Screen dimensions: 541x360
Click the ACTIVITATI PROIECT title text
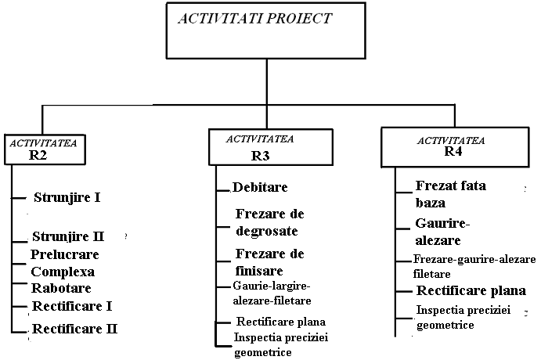click(255, 19)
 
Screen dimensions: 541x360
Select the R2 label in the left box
click(38, 155)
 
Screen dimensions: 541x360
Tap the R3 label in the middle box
click(260, 156)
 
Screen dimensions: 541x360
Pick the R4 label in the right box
click(453, 151)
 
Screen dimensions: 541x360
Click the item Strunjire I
click(67, 197)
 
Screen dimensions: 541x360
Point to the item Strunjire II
click(68, 236)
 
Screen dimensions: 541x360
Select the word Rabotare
click(61, 288)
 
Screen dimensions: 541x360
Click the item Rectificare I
click(72, 306)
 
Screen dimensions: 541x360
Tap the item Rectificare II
click(74, 329)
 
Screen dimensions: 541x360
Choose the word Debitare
click(260, 187)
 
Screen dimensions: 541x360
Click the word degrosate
click(267, 231)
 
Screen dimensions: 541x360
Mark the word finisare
click(259, 271)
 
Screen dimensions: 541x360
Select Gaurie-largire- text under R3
click(272, 286)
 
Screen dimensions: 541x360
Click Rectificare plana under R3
click(281, 322)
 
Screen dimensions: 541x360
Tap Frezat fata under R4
click(451, 185)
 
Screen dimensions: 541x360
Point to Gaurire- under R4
click(442, 224)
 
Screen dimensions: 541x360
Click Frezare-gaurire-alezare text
click(474, 259)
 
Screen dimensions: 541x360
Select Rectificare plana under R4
click(471, 290)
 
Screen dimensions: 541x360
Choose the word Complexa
click(63, 272)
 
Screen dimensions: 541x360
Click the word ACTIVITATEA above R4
click(451, 141)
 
